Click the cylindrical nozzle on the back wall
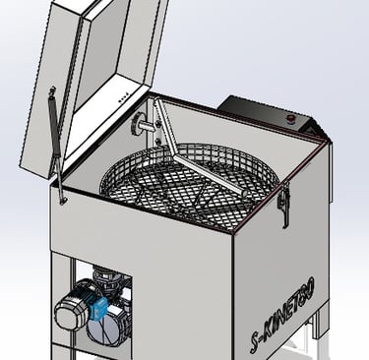[x=145, y=125]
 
